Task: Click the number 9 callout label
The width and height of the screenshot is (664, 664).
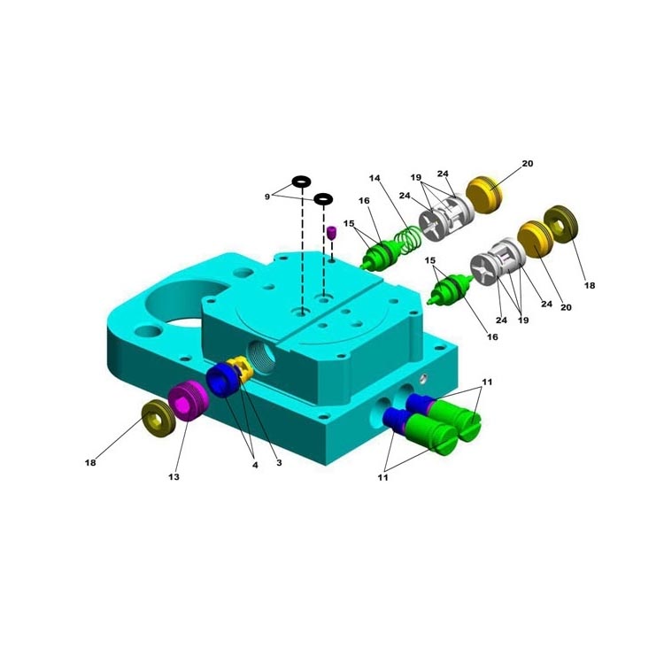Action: tap(267, 197)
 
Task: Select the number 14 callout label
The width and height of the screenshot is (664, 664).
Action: tap(374, 178)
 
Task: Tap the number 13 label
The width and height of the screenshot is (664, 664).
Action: tap(174, 477)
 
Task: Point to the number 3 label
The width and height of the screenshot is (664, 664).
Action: tap(279, 463)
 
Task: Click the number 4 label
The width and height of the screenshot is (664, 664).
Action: tap(255, 465)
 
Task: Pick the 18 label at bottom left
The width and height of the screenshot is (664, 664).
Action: tap(90, 463)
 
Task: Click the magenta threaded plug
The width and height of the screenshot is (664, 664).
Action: tap(188, 400)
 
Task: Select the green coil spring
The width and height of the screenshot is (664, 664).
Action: tap(408, 240)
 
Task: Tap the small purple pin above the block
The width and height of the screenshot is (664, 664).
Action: tap(331, 233)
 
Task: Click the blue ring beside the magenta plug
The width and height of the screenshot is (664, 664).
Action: tap(223, 380)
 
